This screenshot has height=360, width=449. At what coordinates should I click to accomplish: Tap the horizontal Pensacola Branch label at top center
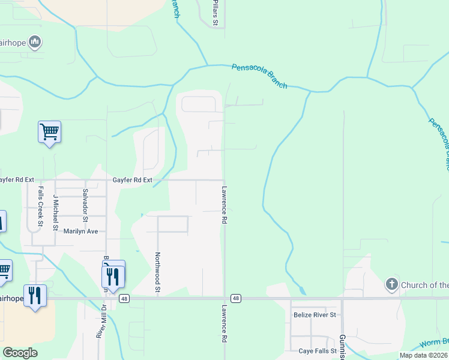click(259, 76)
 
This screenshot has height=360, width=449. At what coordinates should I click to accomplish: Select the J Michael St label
click(55, 212)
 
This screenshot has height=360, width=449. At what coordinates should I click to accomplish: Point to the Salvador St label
click(85, 202)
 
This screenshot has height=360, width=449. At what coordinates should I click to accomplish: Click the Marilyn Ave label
click(80, 231)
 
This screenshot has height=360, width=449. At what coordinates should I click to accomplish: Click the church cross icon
click(391, 284)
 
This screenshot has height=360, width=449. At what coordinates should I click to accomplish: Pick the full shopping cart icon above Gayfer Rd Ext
click(49, 131)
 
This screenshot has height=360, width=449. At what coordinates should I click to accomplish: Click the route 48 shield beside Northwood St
click(124, 298)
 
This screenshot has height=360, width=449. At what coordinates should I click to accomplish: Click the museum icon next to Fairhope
click(35, 41)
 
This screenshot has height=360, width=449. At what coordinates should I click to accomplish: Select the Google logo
click(20, 353)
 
